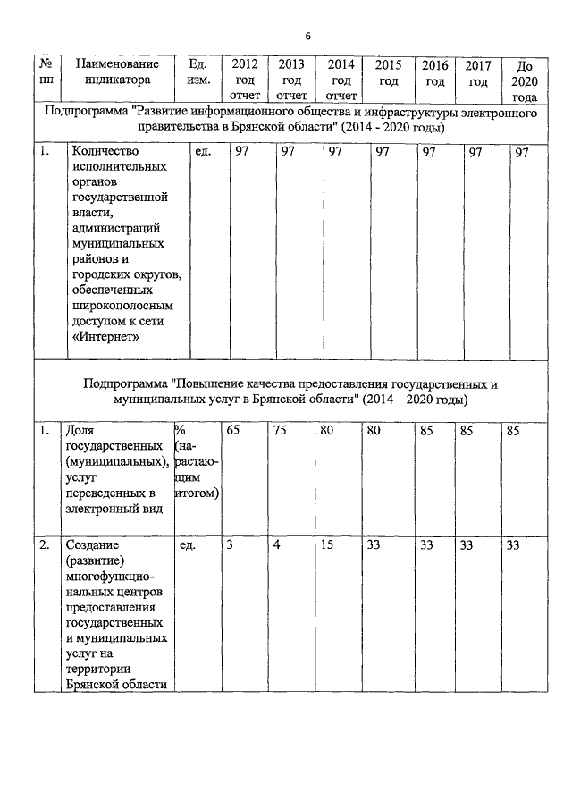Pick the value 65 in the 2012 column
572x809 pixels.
point(233,430)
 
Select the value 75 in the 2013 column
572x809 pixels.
point(281,430)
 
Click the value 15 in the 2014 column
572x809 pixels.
point(327,544)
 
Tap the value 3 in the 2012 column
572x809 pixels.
point(230,544)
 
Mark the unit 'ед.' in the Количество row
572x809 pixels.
point(202,153)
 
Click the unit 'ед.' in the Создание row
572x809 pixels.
point(188,544)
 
